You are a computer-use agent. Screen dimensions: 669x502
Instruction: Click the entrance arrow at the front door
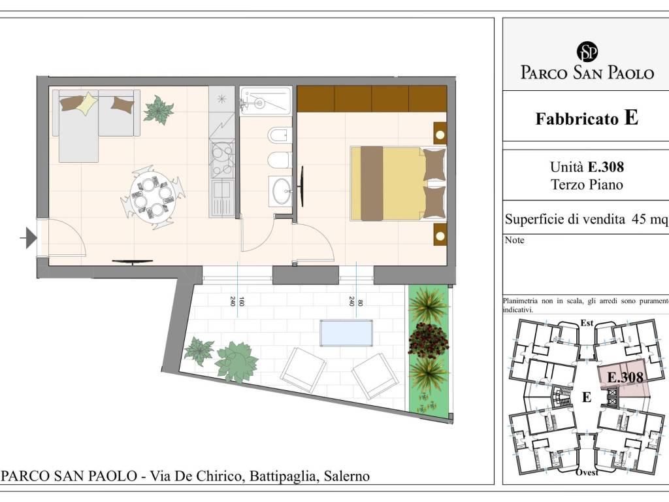coord(29,238)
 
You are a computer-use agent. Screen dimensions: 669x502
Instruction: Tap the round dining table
coord(153,195)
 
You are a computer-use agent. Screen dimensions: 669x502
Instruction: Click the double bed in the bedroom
coord(398,184)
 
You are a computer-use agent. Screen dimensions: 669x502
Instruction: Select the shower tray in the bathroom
coord(265,101)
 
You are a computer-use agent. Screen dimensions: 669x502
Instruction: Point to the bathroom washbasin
coord(280,192)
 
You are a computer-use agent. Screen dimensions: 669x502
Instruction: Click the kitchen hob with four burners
coord(222,159)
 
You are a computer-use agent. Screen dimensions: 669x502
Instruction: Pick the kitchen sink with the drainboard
coord(222,197)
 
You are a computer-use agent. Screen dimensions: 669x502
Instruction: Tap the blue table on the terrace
coord(346,333)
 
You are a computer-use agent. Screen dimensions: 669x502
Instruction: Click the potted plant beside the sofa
coord(158,110)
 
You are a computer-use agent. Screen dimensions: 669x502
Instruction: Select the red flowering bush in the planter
coord(428,340)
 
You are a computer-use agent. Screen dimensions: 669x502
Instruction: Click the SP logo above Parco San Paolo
coord(587,52)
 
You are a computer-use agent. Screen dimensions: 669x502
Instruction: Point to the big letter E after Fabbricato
coord(631,118)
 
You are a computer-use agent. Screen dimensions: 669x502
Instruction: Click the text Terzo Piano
coord(587,185)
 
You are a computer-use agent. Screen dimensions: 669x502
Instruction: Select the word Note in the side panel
coord(515,241)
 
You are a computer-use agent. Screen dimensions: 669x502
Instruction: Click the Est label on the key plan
coord(587,323)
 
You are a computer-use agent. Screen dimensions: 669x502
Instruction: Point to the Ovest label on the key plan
coord(587,472)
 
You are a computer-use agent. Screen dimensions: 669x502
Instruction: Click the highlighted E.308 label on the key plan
coord(625,377)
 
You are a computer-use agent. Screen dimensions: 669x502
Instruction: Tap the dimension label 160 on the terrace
coord(242,301)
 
